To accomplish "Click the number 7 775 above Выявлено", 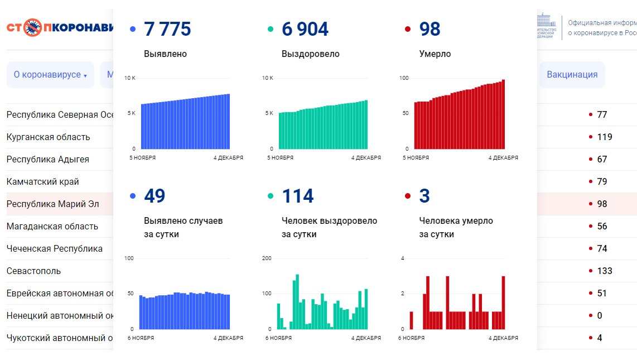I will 167,29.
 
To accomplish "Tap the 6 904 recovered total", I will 305,29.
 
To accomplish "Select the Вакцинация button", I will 572,75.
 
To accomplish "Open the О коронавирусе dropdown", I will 50,75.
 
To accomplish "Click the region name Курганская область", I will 48,137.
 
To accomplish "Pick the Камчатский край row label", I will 42,181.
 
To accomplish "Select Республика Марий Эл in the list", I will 52,204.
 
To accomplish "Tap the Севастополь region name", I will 33,271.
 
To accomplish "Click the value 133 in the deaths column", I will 605,271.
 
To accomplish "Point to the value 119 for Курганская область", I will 605,137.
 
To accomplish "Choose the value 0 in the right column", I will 600,315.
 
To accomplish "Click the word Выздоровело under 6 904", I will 310,54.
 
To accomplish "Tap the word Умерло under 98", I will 435,54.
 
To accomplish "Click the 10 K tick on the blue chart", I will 129,78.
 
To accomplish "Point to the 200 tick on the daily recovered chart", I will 267,258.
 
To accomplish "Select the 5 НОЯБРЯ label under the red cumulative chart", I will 416,158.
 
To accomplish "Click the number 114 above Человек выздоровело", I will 298,196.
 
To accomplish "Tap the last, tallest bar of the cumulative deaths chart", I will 503,114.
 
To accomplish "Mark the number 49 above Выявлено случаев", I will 155,196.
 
